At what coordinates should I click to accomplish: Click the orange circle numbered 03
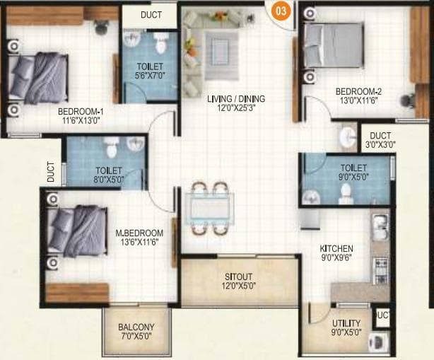point(281,11)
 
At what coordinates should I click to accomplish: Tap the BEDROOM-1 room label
point(81,111)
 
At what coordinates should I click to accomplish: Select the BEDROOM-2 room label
point(358,91)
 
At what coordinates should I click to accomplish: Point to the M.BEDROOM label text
point(139,233)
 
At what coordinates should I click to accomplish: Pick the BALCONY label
point(136,327)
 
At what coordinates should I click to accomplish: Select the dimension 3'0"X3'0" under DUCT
point(380,144)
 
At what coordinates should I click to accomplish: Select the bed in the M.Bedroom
point(78,232)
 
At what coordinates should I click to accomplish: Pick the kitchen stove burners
point(380,267)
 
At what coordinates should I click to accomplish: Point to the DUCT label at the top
point(151,14)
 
